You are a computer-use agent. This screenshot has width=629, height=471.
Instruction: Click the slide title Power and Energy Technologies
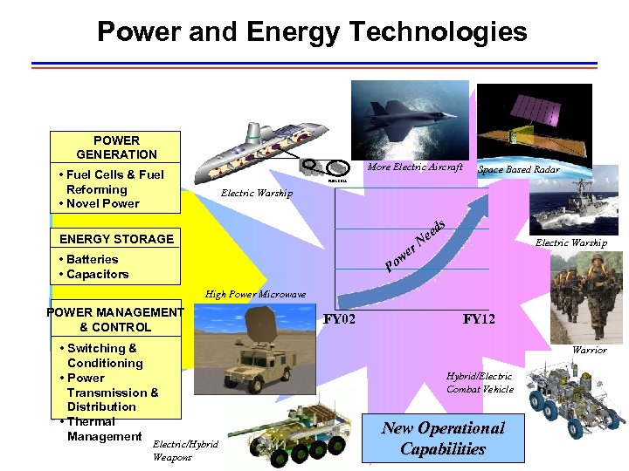(312, 32)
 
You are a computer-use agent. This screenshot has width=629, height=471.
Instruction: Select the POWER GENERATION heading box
(115, 147)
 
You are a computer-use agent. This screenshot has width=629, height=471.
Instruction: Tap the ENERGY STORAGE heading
(116, 239)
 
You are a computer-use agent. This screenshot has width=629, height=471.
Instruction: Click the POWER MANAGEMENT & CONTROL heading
(115, 320)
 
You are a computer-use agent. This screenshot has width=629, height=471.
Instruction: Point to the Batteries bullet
(88, 259)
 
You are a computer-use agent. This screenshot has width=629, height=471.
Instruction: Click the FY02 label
(339, 319)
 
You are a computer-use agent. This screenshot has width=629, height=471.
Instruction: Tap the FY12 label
(479, 319)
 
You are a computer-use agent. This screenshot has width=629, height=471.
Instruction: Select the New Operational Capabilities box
(443, 439)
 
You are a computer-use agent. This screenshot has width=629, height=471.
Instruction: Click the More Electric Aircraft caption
(415, 167)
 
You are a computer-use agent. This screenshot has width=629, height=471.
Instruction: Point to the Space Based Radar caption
(519, 169)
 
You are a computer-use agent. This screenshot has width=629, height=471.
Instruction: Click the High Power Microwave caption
(255, 295)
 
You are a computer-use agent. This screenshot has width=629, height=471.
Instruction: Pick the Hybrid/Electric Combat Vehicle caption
(480, 383)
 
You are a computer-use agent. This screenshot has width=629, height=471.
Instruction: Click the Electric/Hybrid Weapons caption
(185, 450)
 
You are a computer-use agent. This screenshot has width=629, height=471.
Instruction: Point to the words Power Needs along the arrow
(418, 244)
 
